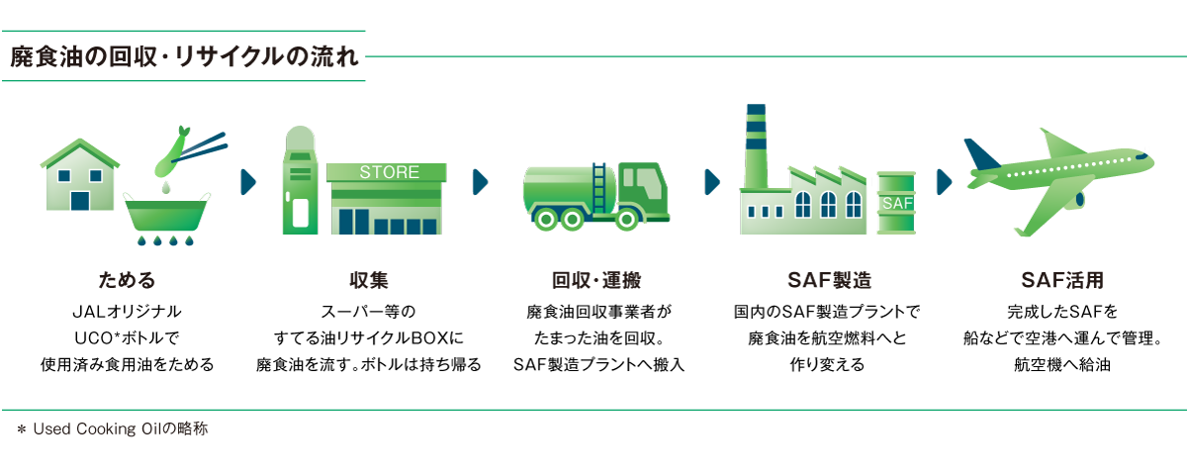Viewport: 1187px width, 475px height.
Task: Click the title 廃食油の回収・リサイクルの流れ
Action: pyautogui.click(x=184, y=56)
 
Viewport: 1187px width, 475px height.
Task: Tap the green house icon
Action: pyautogui.click(x=80, y=175)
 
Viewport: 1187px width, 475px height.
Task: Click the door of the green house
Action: pyautogui.click(x=80, y=201)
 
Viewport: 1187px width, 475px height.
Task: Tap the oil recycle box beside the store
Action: pyautogui.click(x=300, y=180)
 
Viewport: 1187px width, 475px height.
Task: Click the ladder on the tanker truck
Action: pyautogui.click(x=598, y=188)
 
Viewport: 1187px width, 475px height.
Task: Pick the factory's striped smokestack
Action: pyautogui.click(x=756, y=146)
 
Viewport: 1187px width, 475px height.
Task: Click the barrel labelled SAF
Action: pyautogui.click(x=896, y=203)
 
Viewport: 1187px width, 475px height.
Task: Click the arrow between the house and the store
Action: pyautogui.click(x=248, y=182)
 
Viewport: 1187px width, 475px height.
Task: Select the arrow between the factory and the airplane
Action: pyautogui.click(x=944, y=182)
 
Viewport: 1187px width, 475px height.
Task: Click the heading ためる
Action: pyautogui.click(x=127, y=280)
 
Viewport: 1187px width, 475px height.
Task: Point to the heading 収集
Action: pyautogui.click(x=369, y=280)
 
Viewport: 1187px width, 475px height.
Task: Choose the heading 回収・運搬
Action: pyautogui.click(x=596, y=280)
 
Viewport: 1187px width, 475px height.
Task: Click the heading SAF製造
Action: pyautogui.click(x=829, y=280)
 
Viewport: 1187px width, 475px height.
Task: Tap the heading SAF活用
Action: pyautogui.click(x=1062, y=280)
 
